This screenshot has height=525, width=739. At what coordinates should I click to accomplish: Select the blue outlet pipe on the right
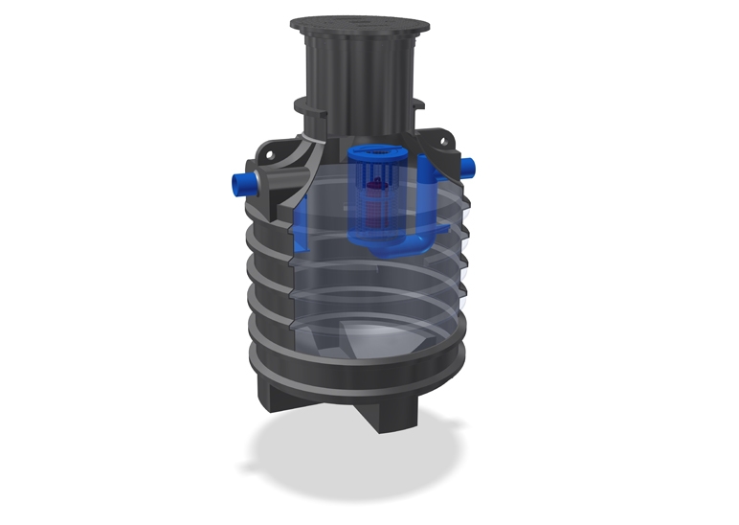tap(469, 168)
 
